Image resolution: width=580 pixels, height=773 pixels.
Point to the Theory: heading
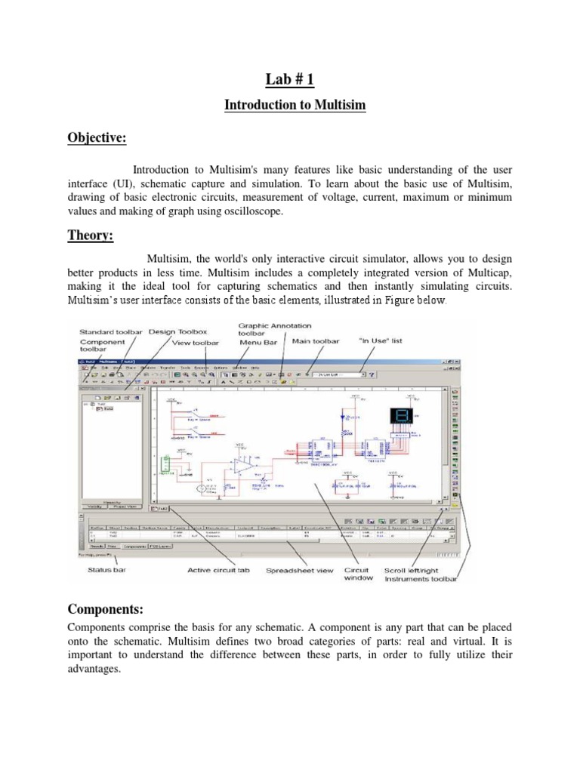[x=91, y=236]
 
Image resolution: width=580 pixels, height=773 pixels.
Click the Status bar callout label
[x=106, y=571]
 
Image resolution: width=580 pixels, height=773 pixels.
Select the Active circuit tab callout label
[x=218, y=571]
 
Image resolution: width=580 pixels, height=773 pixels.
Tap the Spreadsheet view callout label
[x=299, y=571]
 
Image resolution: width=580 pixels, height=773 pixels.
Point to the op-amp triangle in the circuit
[x=245, y=467]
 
